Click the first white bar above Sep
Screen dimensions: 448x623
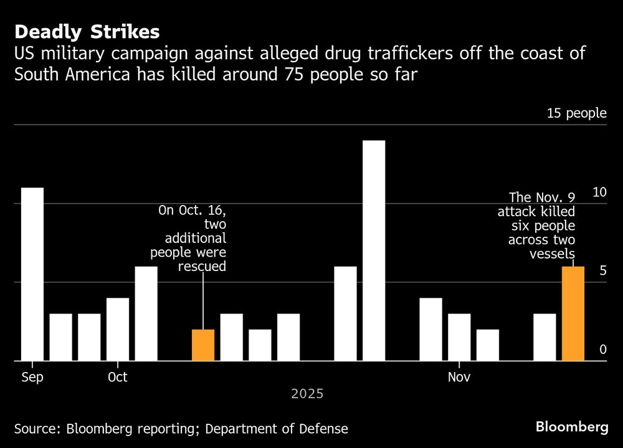(x=32, y=274)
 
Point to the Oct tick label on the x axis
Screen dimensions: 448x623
(x=117, y=377)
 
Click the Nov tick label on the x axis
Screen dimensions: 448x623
(x=459, y=377)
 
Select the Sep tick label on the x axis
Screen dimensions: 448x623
(x=32, y=377)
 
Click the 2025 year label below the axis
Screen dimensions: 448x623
(x=307, y=394)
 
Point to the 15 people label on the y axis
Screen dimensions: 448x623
(x=576, y=113)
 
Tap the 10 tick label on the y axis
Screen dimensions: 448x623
(x=599, y=192)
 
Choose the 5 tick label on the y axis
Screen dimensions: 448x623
(x=602, y=270)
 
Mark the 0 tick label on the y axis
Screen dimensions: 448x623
(x=602, y=350)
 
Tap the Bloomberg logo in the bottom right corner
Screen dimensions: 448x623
(x=572, y=427)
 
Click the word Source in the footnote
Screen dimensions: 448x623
(x=34, y=429)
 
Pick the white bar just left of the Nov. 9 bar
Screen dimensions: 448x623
(x=545, y=337)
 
